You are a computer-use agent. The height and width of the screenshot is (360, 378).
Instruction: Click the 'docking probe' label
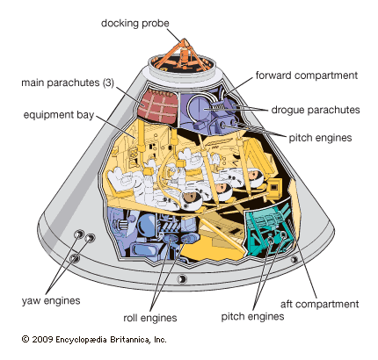[x=135, y=23]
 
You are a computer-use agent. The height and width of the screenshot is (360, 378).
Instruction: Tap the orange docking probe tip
[x=185, y=42]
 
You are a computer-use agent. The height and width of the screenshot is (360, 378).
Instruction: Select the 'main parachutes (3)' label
[x=68, y=83]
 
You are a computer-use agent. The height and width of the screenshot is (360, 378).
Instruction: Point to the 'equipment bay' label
[x=59, y=115]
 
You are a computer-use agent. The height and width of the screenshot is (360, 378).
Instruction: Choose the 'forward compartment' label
[x=307, y=76]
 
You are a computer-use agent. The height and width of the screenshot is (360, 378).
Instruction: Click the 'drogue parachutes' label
[x=316, y=110]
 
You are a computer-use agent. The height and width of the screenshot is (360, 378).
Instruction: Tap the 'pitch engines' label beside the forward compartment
[x=320, y=138]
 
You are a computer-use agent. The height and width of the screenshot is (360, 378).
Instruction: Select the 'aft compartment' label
[x=319, y=304]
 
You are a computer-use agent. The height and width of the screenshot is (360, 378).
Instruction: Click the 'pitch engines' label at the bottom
[x=252, y=316]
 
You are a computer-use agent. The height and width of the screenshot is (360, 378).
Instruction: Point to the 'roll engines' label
[x=150, y=318]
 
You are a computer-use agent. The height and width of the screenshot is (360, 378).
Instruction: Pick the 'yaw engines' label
[x=51, y=300]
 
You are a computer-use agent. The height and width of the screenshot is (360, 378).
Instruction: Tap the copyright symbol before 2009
[x=25, y=339]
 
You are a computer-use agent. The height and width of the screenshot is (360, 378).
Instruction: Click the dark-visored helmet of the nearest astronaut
[x=191, y=199]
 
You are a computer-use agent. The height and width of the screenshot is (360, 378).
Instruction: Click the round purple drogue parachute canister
[x=200, y=108]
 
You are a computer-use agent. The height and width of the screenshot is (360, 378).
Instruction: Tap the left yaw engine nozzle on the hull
[x=79, y=234]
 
